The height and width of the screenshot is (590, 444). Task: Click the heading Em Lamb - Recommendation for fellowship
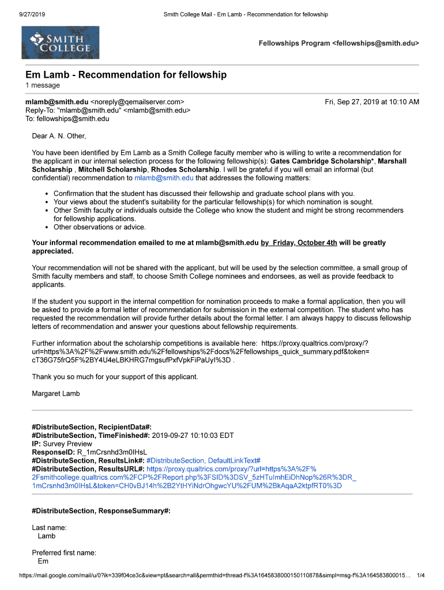pos(126,75)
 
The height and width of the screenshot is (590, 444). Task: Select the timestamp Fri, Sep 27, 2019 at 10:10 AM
pos(372,102)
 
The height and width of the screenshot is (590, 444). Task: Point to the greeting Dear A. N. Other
pos(59,136)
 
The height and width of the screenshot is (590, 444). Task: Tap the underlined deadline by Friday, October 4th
pos(299,243)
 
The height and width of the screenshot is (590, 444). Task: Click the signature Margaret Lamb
pos(56,394)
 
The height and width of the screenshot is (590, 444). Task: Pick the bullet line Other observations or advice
pos(100,227)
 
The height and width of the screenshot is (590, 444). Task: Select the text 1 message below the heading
pos(42,85)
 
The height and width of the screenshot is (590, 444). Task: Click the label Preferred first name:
pos(64,553)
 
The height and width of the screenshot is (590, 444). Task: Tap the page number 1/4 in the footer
pos(420,575)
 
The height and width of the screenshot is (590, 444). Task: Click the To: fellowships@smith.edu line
pos(67,119)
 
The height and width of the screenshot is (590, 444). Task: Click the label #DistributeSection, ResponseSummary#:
pos(101,511)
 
